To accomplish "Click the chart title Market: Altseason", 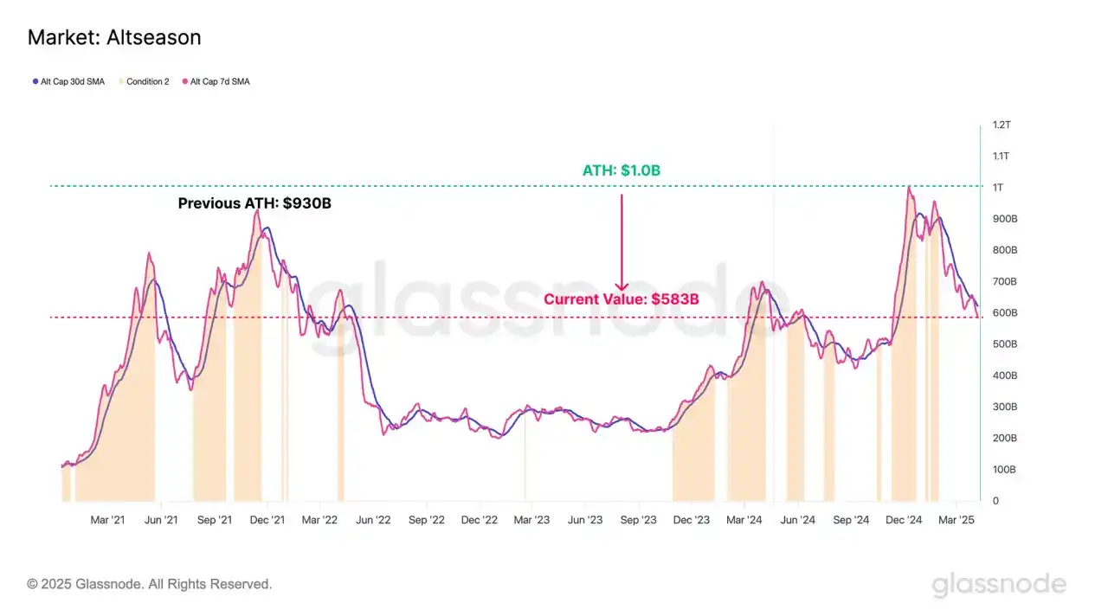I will point(114,38).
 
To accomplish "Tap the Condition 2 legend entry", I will point(147,81).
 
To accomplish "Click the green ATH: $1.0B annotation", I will point(621,170).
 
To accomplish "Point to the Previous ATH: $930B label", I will point(254,204).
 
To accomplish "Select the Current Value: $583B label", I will point(621,299).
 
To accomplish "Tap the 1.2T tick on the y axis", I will point(1001,125).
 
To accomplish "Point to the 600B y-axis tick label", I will point(1004,313).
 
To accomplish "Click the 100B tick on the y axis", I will point(1004,470).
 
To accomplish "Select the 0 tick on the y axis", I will point(995,501).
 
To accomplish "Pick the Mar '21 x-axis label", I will point(107,520).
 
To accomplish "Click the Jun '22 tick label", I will point(373,520).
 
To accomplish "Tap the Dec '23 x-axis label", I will point(691,520).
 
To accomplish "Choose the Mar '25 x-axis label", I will point(957,520).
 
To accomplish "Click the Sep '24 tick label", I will point(851,520).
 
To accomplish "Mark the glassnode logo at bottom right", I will point(999,585).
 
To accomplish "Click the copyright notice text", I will point(150,584).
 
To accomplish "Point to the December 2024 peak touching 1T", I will point(908,187).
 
